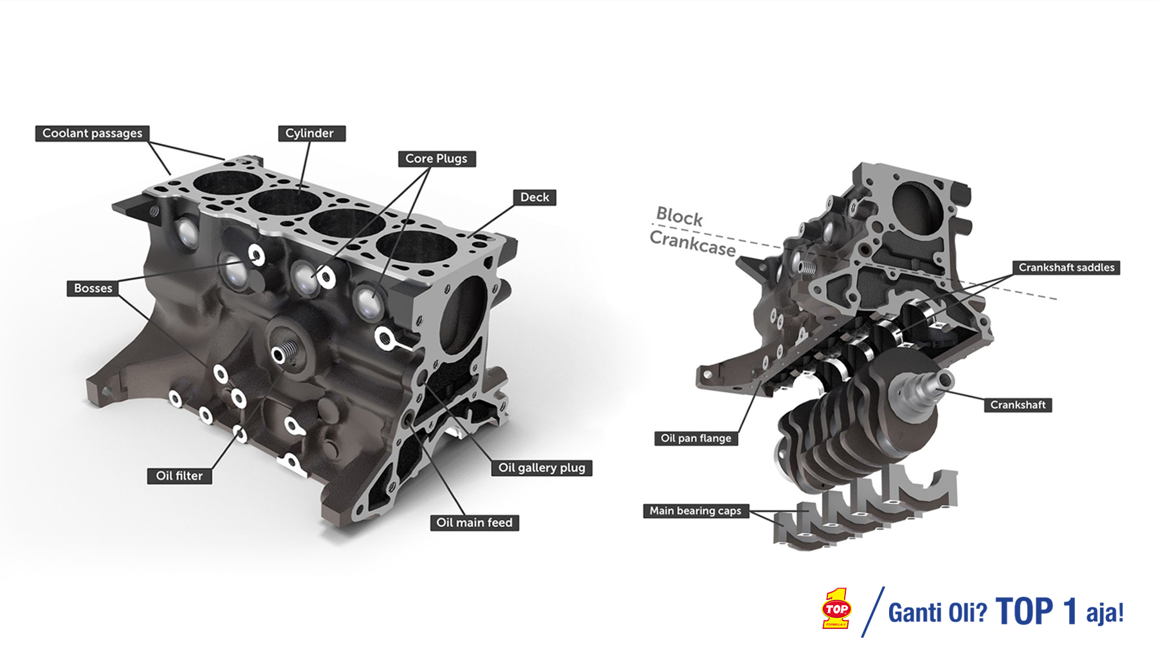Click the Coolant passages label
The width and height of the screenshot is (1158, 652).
click(x=92, y=133)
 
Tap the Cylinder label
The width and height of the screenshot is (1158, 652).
click(x=311, y=133)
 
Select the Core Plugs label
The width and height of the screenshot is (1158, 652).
click(x=437, y=158)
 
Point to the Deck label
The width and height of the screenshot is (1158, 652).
click(x=535, y=198)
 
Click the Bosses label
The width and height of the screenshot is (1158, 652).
click(x=93, y=288)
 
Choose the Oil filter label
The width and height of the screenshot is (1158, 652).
click(x=179, y=476)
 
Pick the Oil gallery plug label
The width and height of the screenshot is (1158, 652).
click(x=542, y=468)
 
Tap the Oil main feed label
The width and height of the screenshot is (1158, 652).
click(x=474, y=523)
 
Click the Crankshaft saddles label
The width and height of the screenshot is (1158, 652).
click(x=1066, y=268)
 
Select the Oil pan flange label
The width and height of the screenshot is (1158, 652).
click(x=696, y=438)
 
